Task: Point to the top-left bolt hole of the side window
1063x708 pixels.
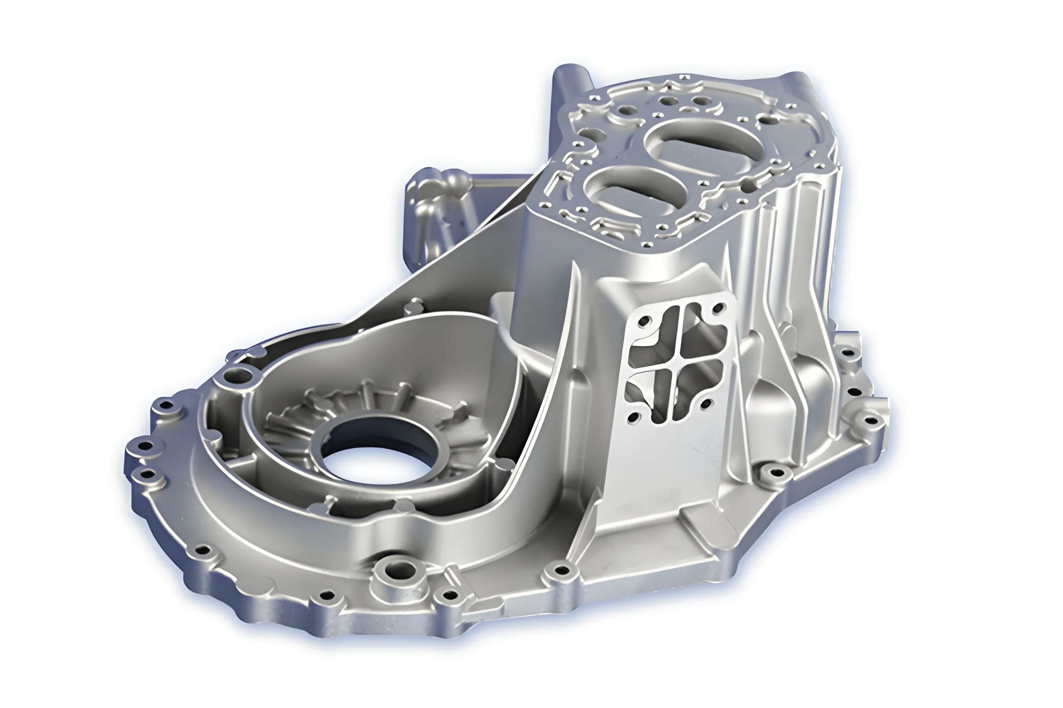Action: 644,322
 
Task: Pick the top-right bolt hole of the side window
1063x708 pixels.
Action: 718,309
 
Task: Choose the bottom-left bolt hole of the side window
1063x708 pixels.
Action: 634,416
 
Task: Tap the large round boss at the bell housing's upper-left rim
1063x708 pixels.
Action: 238,374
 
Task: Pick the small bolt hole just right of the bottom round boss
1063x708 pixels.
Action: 450,595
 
